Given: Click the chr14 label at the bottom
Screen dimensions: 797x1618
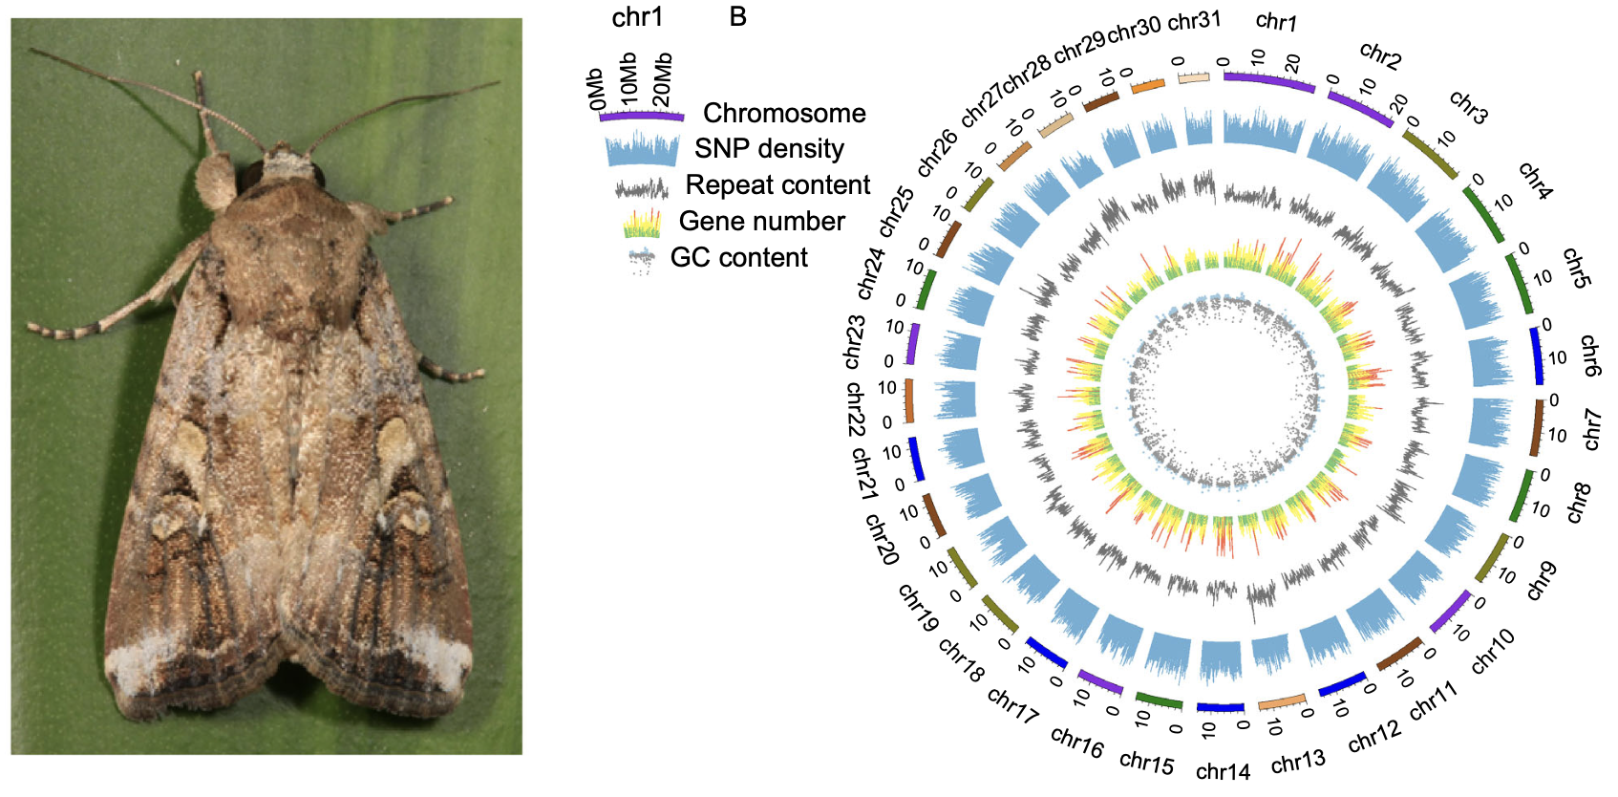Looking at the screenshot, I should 1223,770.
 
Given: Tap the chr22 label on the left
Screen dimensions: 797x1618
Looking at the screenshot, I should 856,410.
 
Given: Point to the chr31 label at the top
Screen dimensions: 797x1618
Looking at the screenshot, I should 1194,20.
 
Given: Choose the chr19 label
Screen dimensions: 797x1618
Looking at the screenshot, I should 918,608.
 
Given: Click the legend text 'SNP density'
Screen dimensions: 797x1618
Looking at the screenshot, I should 769,149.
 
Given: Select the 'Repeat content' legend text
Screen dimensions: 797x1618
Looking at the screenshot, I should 777,184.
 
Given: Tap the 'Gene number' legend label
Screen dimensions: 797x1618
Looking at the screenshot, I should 761,221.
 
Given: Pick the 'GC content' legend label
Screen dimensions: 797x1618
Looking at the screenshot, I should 738,257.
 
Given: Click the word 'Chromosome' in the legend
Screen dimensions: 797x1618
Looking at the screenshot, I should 784,113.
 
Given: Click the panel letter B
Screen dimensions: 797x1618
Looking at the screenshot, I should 737,17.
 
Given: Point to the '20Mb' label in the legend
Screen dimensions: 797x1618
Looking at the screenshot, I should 662,80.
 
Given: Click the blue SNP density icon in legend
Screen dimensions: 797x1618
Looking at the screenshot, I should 641,150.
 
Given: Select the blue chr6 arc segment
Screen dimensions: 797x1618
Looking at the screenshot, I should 1537,355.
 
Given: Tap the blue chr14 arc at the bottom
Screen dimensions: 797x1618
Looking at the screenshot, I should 1221,708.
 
